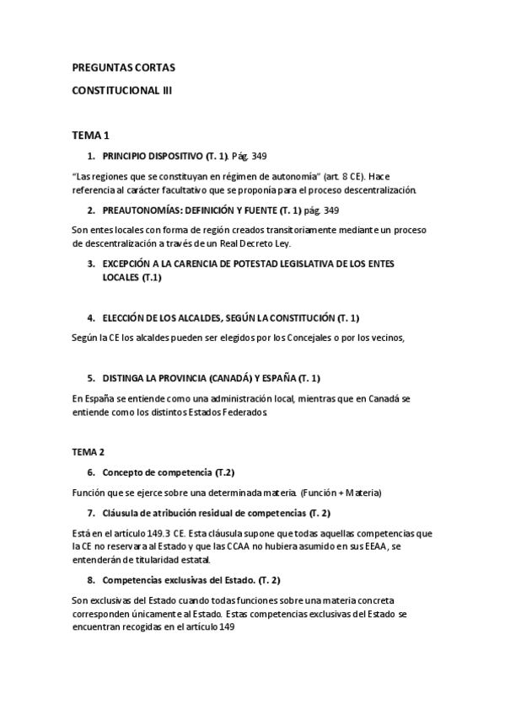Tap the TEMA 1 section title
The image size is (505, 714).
[x=90, y=134]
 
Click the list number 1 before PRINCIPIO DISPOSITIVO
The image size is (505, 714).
[x=90, y=157]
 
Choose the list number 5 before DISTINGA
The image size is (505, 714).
[x=90, y=377]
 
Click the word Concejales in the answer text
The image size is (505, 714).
[x=287, y=338]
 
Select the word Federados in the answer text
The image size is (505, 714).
[x=246, y=413]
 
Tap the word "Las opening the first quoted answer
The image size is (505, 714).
[x=83, y=177]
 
